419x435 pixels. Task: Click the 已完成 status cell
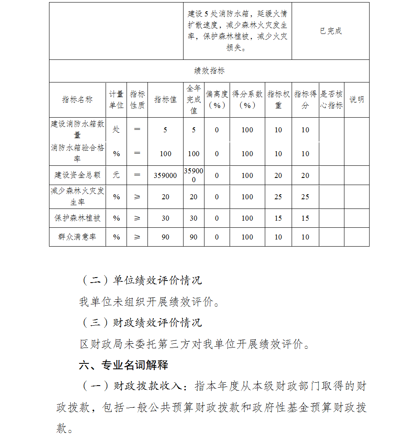(331, 31)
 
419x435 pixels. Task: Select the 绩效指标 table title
(209, 71)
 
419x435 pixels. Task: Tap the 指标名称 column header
(77, 100)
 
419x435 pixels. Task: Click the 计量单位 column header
(116, 100)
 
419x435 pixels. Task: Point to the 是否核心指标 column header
(331, 100)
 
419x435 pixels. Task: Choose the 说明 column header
(357, 100)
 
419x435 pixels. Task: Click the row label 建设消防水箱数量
(77, 129)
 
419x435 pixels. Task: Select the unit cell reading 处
(116, 130)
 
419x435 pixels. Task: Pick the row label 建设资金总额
(77, 175)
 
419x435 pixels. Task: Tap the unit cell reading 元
(116, 175)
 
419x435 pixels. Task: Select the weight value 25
(278, 197)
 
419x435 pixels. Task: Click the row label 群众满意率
(77, 237)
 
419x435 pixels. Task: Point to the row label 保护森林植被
(77, 218)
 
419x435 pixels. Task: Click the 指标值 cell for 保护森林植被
(165, 219)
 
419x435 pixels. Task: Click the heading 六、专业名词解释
(124, 365)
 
